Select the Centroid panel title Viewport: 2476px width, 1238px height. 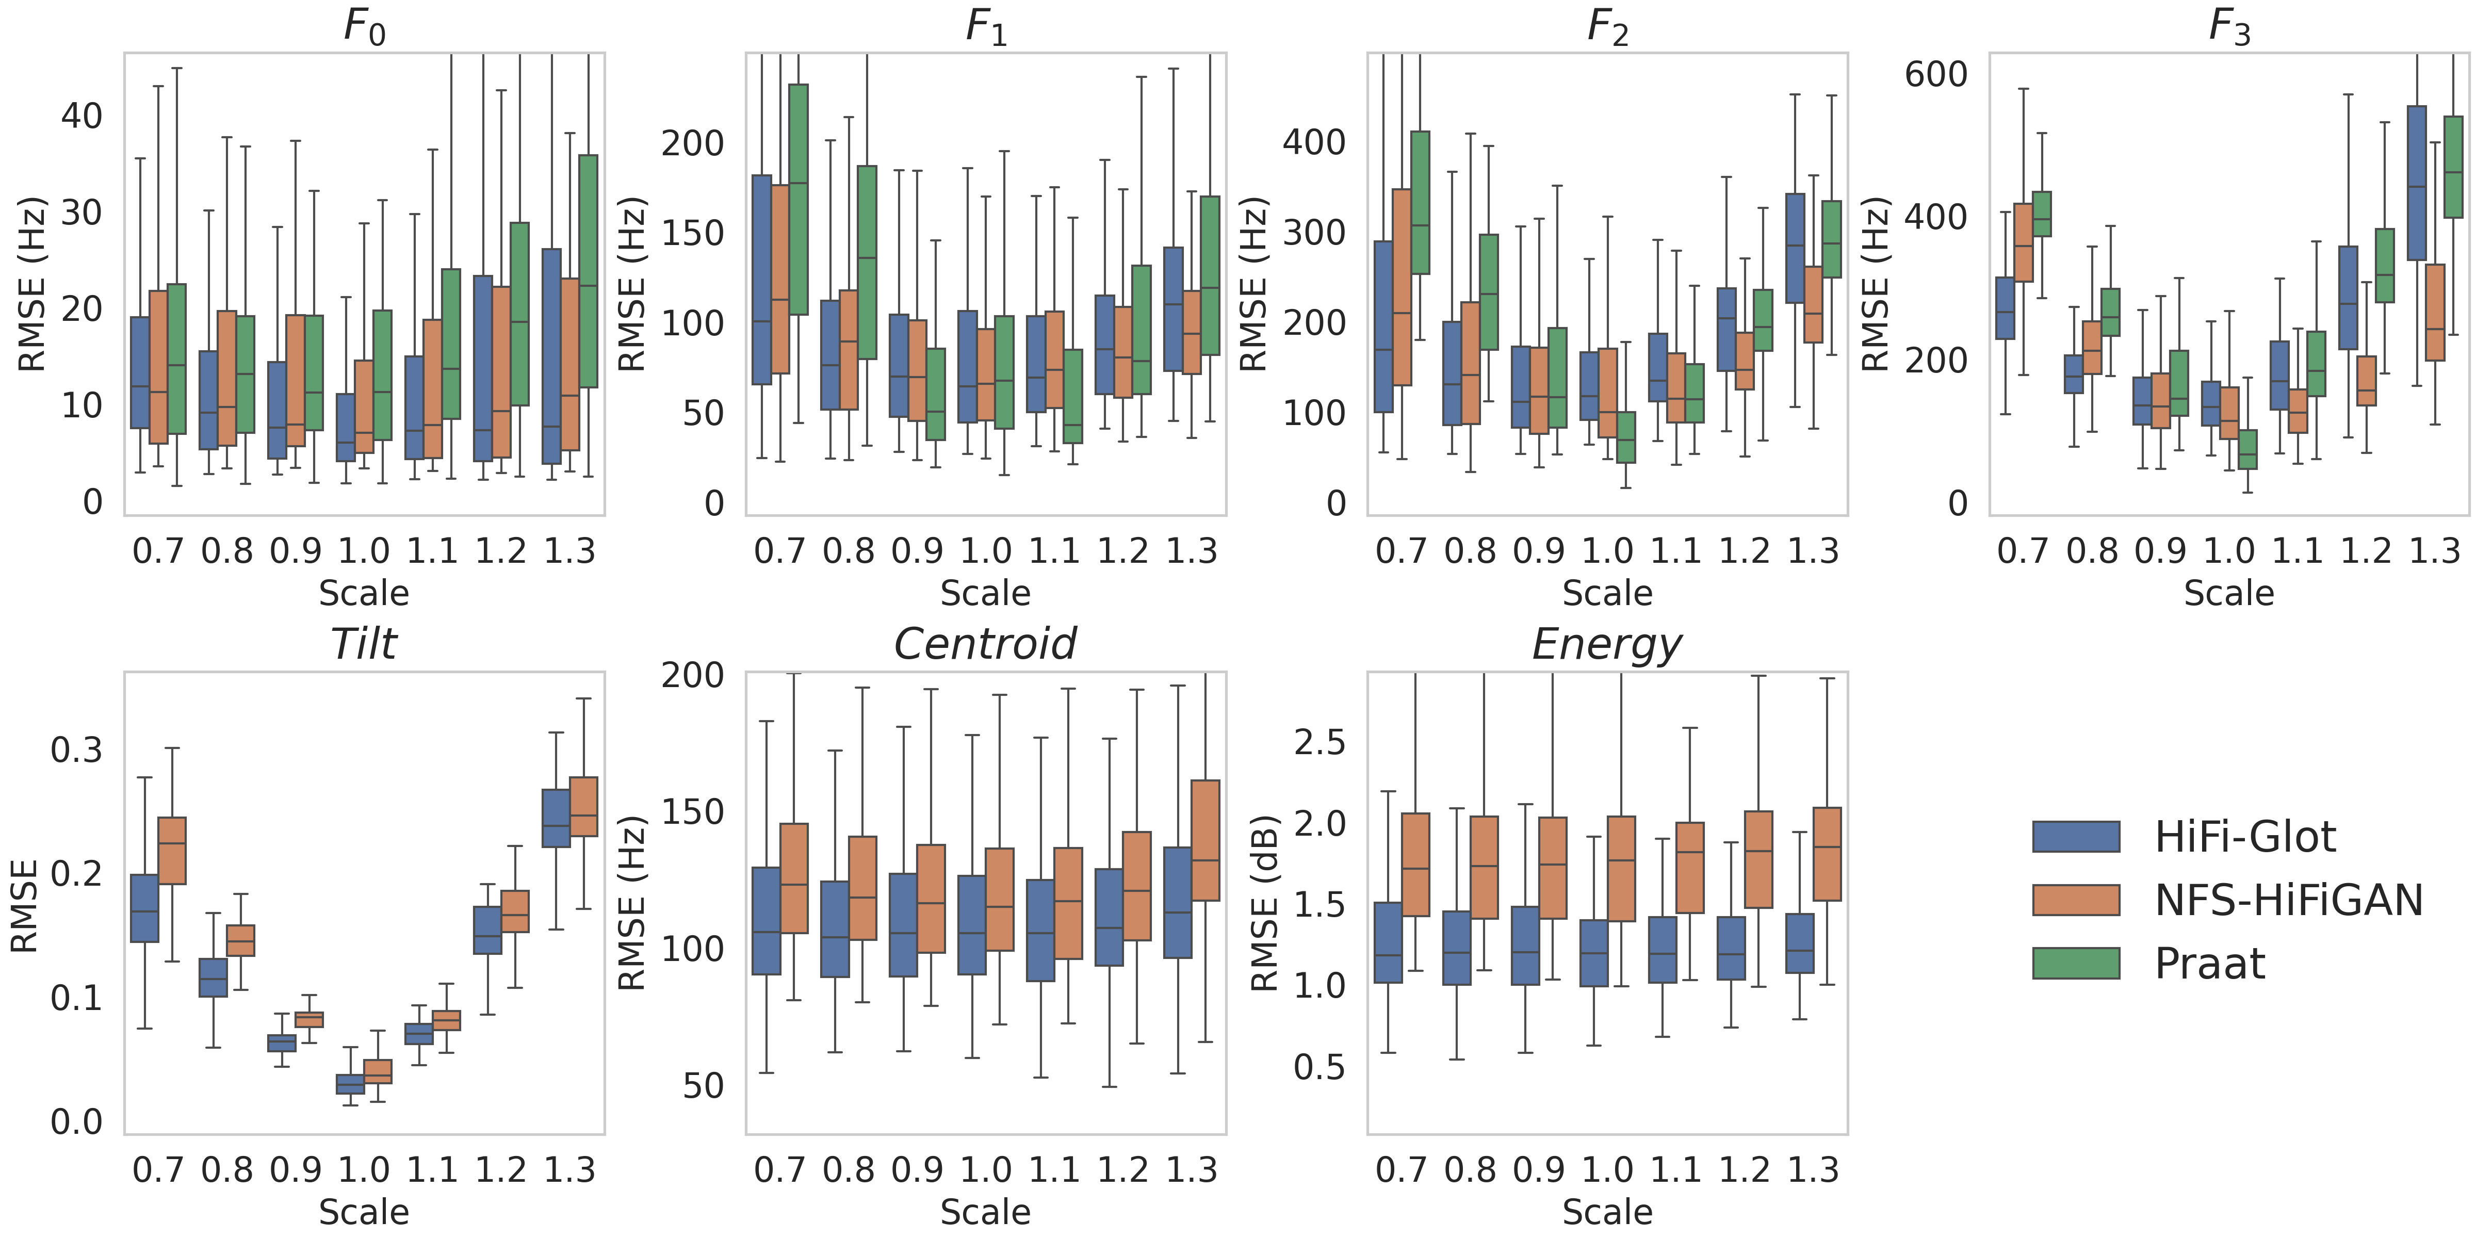[985, 644]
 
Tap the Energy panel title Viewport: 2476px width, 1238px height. [1607, 644]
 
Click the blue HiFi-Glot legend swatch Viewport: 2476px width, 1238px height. [2076, 836]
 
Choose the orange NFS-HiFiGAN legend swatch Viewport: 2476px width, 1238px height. [2076, 900]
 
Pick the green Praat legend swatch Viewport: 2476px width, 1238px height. [2076, 963]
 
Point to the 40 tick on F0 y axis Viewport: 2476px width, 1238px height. [82, 116]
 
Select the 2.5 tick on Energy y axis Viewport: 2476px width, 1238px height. [1320, 743]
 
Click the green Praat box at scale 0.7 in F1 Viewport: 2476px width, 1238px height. [798, 199]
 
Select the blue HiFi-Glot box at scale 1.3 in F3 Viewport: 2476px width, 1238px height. [2416, 183]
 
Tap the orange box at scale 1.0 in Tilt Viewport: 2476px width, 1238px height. [378, 1072]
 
